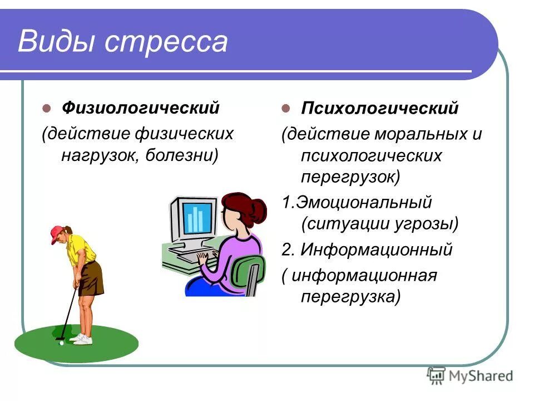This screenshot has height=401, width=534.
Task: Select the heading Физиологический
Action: (x=140, y=107)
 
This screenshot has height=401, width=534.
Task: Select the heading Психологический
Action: (x=379, y=108)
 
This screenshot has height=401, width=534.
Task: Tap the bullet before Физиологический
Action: (x=47, y=108)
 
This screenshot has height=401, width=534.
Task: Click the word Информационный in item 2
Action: (x=377, y=250)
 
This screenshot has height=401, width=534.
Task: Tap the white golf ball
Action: (x=61, y=343)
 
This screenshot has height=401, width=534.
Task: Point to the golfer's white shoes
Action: (x=82, y=339)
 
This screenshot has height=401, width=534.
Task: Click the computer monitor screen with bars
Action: (x=198, y=218)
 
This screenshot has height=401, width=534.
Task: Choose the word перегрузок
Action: (x=348, y=178)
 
